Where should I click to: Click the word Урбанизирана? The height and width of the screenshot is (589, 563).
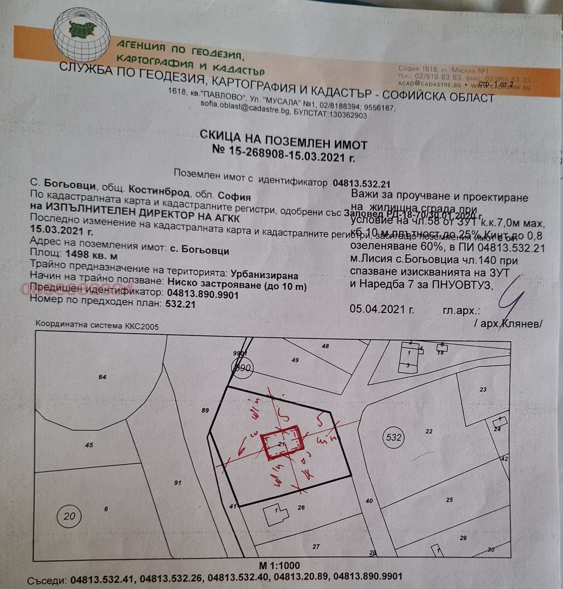tap(264, 275)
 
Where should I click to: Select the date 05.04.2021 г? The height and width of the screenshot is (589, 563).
tap(382, 309)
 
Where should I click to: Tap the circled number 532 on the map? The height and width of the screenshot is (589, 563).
tap(394, 437)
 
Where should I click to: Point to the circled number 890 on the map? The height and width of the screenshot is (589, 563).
tap(242, 368)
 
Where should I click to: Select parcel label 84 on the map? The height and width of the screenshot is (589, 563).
tap(102, 377)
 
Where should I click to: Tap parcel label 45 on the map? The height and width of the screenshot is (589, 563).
tap(89, 445)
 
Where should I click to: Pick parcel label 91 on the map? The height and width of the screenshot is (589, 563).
tap(178, 482)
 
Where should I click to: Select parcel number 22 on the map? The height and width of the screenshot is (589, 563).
tap(429, 431)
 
